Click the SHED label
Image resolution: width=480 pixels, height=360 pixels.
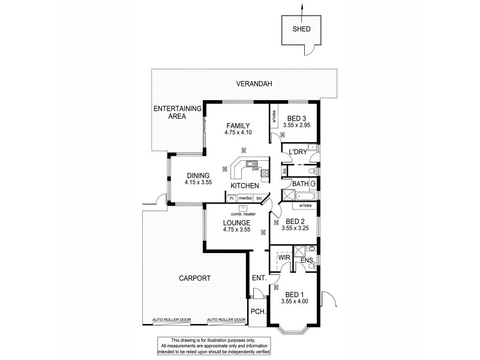[x=301, y=28]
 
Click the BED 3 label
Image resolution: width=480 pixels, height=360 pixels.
[x=297, y=118]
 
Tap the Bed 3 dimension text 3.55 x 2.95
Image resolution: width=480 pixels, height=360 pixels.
[x=297, y=126]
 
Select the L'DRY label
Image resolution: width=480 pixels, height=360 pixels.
[x=298, y=152]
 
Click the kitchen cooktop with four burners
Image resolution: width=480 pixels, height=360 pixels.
[x=265, y=174]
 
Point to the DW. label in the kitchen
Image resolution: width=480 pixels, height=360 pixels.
[x=255, y=169]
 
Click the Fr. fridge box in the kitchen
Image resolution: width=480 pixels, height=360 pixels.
[x=231, y=197]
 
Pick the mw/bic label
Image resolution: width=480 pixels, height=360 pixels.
[x=244, y=197]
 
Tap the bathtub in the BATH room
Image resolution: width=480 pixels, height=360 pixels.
[x=307, y=195]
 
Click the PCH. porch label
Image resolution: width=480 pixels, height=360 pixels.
[x=258, y=312]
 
